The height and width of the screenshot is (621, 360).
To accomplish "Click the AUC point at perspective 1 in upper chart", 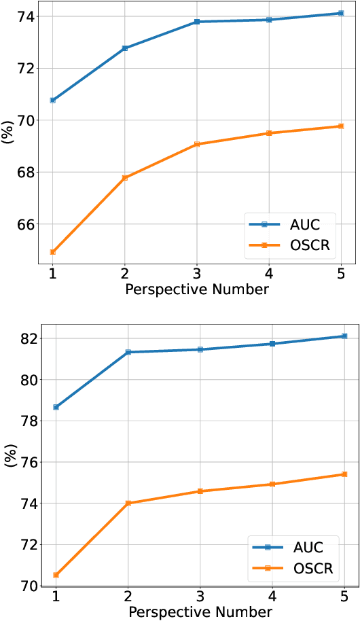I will tap(53, 100).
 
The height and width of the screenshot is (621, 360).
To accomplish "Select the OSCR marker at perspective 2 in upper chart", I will tap(125, 178).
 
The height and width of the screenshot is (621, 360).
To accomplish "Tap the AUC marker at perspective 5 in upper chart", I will tap(341, 13).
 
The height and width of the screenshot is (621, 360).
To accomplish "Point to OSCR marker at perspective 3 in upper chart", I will tap(197, 144).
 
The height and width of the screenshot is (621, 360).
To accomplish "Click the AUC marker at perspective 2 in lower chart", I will tap(128, 352).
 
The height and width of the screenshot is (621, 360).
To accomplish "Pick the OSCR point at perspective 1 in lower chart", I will tap(56, 575).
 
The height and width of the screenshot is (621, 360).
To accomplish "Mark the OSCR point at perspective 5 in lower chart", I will tap(344, 474).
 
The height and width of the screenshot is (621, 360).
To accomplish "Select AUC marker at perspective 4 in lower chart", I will tap(272, 344).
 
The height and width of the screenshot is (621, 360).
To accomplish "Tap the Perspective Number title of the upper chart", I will tap(197, 290).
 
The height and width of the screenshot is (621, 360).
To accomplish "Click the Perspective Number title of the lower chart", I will tap(200, 612).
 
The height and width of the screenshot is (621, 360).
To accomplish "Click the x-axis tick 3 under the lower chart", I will tap(200, 595).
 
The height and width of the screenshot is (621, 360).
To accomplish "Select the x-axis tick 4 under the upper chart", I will tap(269, 273).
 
